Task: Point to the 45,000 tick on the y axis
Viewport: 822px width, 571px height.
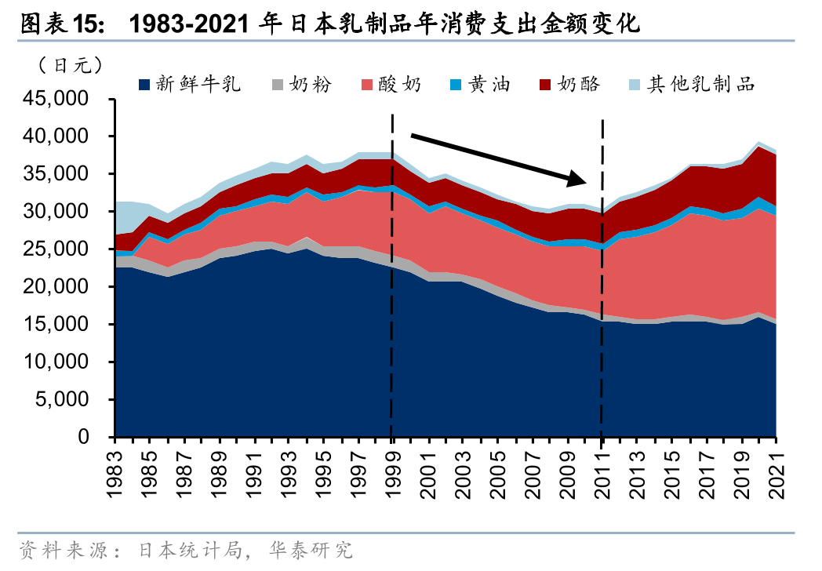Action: pyautogui.click(x=65, y=100)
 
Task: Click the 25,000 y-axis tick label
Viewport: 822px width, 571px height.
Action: pyautogui.click(x=65, y=249)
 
